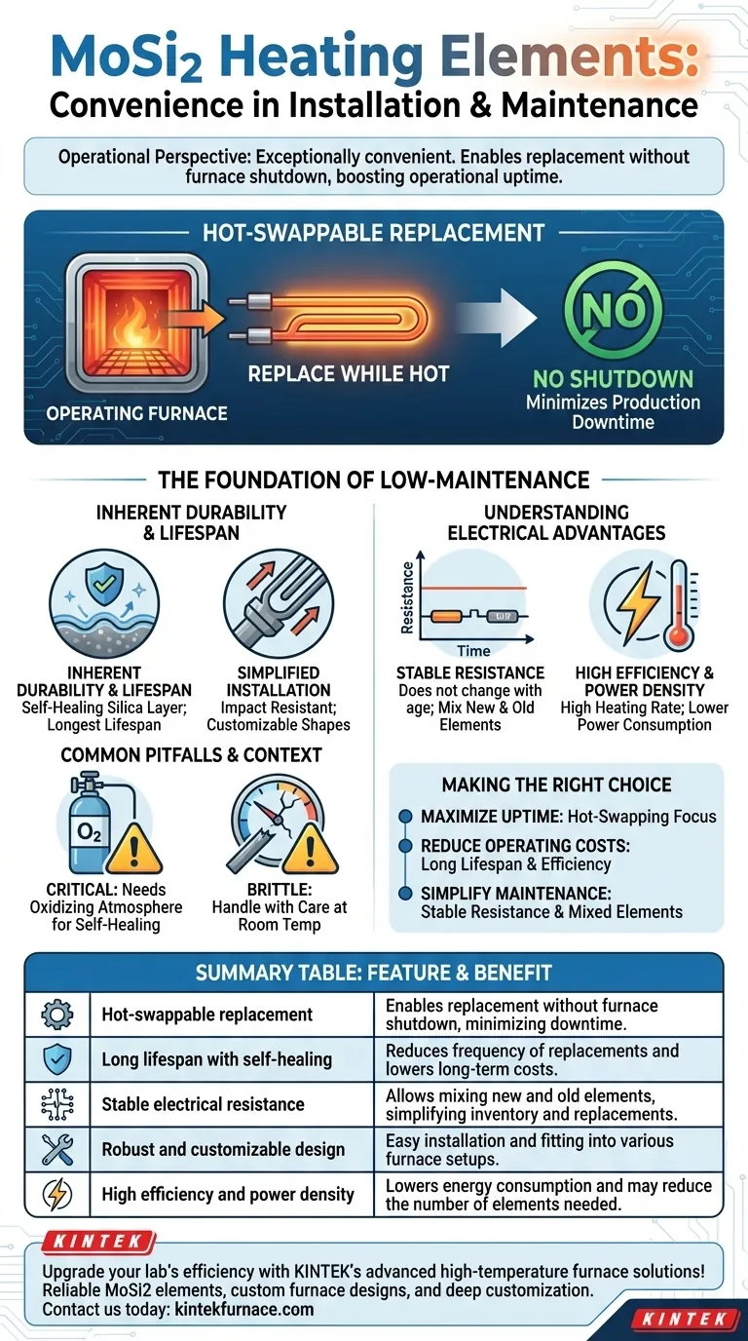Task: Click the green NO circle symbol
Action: click(614, 312)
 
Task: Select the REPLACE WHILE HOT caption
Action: click(348, 374)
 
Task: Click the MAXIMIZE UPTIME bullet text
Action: click(568, 816)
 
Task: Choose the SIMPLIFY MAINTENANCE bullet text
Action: click(551, 901)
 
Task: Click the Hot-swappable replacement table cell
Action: click(207, 1015)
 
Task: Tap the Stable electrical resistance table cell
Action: click(203, 1104)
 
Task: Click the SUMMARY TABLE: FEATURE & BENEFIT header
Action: click(374, 973)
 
